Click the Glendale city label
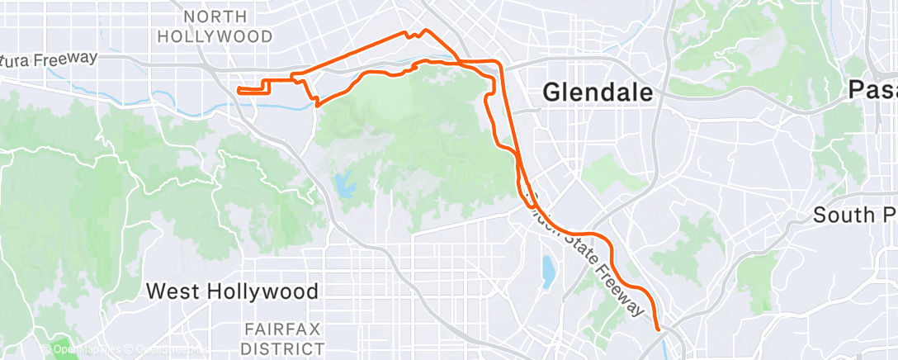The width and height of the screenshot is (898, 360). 598,93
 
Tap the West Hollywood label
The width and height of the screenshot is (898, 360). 232,291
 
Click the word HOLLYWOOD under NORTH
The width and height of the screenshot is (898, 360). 215,37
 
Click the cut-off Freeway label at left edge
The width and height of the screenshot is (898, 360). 50,59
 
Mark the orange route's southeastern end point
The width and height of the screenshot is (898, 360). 658,329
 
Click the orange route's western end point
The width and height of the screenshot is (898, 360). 239,89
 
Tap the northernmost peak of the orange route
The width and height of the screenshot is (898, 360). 425,31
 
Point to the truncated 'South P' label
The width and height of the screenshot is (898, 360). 854,216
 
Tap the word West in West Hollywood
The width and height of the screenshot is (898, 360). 172,291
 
